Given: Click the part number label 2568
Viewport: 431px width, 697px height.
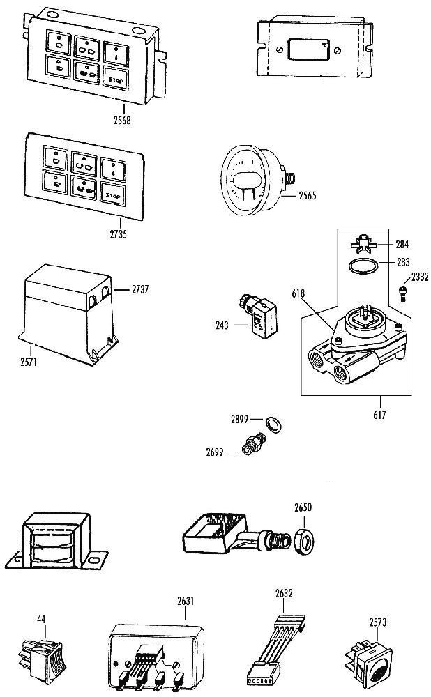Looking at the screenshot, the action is [122, 120].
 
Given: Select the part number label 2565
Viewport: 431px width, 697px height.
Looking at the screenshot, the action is [308, 195].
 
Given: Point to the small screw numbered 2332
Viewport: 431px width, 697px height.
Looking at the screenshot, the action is [403, 293].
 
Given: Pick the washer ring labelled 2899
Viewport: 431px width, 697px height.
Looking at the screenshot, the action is [273, 425].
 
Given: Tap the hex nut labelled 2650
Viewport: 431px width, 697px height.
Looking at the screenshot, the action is [304, 542].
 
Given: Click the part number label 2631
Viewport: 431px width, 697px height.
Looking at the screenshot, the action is [186, 601].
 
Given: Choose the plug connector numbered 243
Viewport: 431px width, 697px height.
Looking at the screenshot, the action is [259, 315].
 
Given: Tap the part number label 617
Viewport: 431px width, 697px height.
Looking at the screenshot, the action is [379, 415].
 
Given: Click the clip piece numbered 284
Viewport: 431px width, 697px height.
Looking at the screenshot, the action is [363, 243].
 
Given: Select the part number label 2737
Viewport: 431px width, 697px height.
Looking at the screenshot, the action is [140, 289].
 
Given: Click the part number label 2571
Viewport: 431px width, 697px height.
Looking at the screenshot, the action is [29, 362].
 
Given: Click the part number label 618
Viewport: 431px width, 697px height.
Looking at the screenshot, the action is [298, 294].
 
